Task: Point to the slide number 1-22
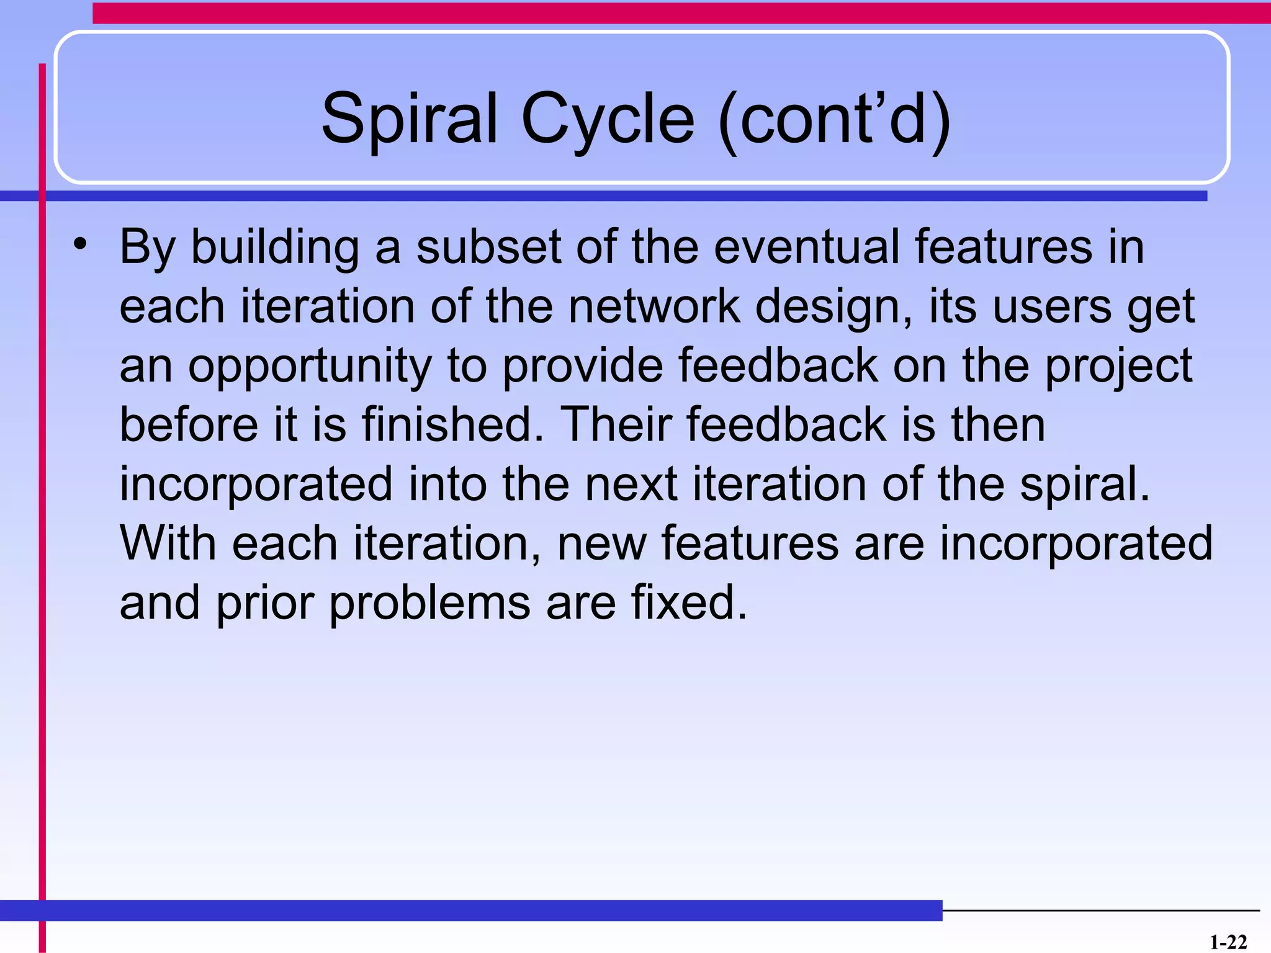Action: pyautogui.click(x=1228, y=942)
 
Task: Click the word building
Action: pyautogui.click(x=274, y=247)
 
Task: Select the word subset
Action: pyautogui.click(x=488, y=247)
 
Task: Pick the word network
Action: pyautogui.click(x=654, y=306)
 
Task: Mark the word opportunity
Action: pyautogui.click(x=310, y=366)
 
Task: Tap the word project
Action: pyautogui.click(x=1118, y=366)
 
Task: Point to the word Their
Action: pyautogui.click(x=616, y=425)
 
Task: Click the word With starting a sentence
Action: pyautogui.click(x=168, y=544)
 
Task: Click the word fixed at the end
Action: pyautogui.click(x=688, y=602)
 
